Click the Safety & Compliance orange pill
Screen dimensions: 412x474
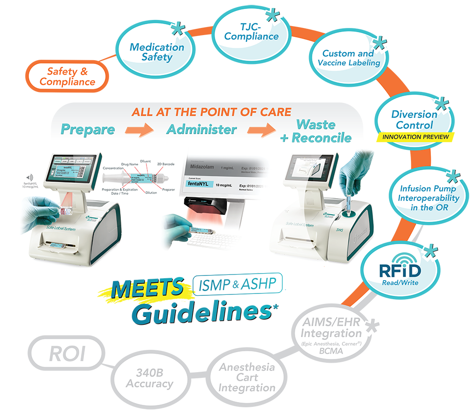pyautogui.click(x=67, y=77)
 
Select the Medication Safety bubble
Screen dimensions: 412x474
pyautogui.click(x=157, y=52)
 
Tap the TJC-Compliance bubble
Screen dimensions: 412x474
pyautogui.click(x=251, y=31)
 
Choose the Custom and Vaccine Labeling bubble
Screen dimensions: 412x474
pyautogui.click(x=349, y=58)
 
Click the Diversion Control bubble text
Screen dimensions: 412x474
pyautogui.click(x=414, y=119)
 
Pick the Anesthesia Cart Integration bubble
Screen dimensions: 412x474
pyautogui.click(x=246, y=377)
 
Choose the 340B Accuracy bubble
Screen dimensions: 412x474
pyautogui.click(x=149, y=379)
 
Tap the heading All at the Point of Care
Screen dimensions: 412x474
pyautogui.click(x=211, y=112)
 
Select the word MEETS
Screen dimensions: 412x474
pyautogui.click(x=147, y=289)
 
